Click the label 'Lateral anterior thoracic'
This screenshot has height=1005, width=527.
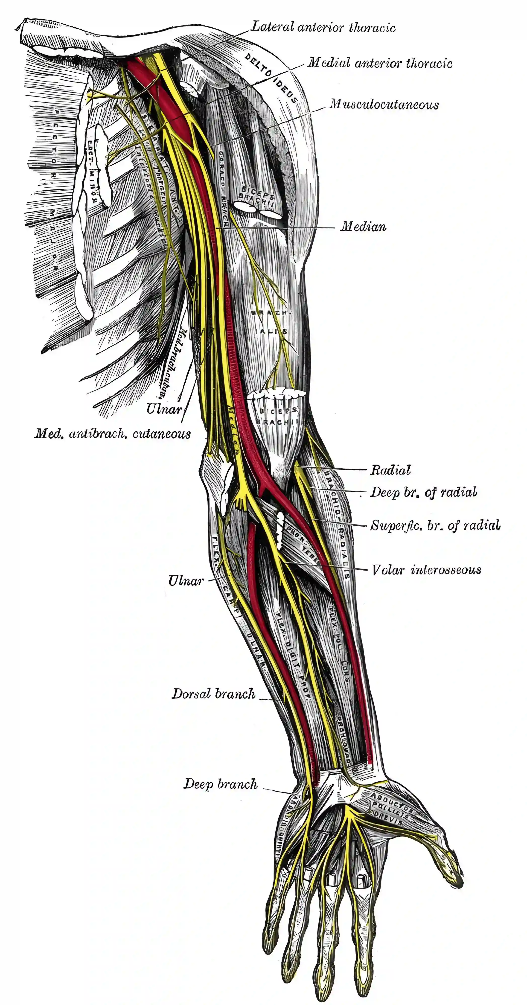click(x=323, y=27)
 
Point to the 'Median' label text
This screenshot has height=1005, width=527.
click(x=363, y=227)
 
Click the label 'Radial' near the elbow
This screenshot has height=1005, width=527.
click(x=390, y=470)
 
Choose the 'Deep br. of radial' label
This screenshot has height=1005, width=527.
click(x=423, y=492)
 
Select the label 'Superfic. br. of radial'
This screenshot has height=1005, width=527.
click(x=435, y=526)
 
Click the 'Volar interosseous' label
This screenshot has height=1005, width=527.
click(x=426, y=570)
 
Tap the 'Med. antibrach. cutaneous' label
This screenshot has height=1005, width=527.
click(x=112, y=434)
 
